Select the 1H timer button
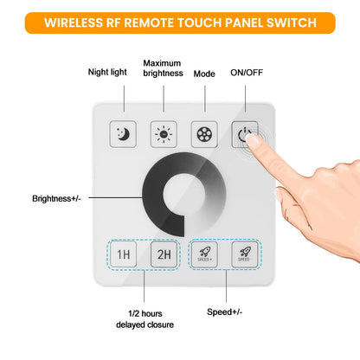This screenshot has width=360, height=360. coord(124,254)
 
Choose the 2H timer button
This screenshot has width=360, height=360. coord(163,254)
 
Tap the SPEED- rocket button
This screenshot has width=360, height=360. coord(244,254)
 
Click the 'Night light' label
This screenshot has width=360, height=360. coord(108,72)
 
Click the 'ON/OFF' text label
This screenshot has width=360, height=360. coord(247,72)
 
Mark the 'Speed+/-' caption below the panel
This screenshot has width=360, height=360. coord(226,311)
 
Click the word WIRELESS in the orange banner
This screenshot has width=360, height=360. coord(86,23)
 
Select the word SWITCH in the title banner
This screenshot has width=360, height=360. coord(286,23)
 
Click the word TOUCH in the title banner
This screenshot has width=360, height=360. coord(190,23)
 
